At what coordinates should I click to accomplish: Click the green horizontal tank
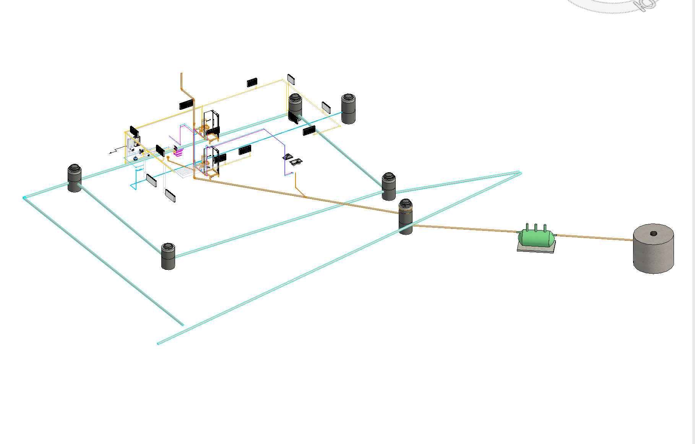(x=536, y=238)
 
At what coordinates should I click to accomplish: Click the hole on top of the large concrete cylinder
(x=653, y=233)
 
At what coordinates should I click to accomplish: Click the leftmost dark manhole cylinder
(x=75, y=178)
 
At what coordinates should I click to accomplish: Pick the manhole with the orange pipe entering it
(x=406, y=216)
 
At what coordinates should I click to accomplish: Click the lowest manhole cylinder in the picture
(x=168, y=256)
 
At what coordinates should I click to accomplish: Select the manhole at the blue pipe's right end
(x=348, y=109)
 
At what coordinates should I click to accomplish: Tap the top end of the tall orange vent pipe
(x=181, y=74)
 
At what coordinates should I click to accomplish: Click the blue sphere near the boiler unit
(x=135, y=158)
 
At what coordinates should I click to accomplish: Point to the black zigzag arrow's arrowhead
(x=110, y=153)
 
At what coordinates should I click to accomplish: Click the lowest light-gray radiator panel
(x=170, y=195)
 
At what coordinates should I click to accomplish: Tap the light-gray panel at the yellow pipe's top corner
(x=291, y=79)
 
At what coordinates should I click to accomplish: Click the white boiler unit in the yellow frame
(x=131, y=144)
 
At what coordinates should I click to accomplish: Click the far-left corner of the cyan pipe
(x=24, y=198)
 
